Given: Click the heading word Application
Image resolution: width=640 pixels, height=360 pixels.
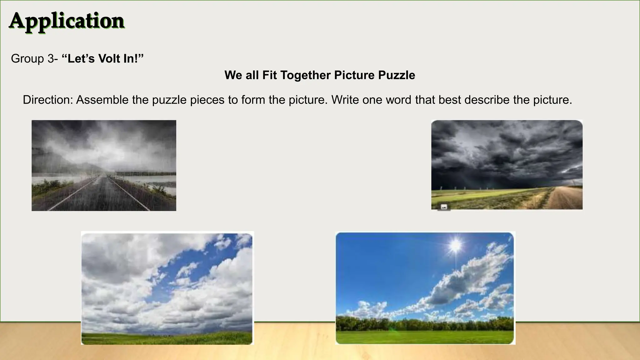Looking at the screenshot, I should click(x=67, y=21).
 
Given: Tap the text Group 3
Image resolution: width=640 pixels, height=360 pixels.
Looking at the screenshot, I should click(x=32, y=59).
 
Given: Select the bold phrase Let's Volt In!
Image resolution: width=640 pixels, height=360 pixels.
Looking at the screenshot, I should click(x=103, y=59).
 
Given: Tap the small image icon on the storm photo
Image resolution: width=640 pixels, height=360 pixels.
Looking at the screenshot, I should click(x=444, y=207).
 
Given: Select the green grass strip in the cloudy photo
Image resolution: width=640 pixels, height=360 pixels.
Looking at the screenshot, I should click(x=167, y=338).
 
